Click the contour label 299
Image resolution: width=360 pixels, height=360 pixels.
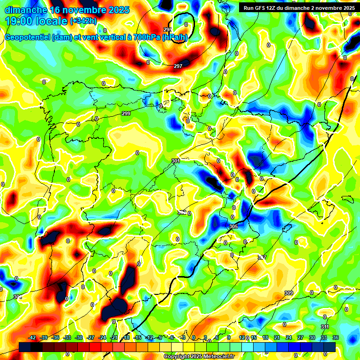point(126,114)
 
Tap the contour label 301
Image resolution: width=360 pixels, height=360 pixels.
point(176,161)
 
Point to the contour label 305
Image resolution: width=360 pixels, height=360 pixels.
point(233,227)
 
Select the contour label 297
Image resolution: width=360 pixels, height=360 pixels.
point(178,66)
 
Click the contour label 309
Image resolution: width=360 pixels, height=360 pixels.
point(289,293)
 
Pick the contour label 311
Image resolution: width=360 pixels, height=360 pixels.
point(325,327)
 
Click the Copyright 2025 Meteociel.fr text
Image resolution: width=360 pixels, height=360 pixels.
point(199,356)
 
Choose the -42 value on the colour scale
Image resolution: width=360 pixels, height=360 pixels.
point(32,337)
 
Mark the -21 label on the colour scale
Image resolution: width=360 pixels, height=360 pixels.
point(114,337)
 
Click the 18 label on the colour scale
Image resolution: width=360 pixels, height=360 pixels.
point(265,337)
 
